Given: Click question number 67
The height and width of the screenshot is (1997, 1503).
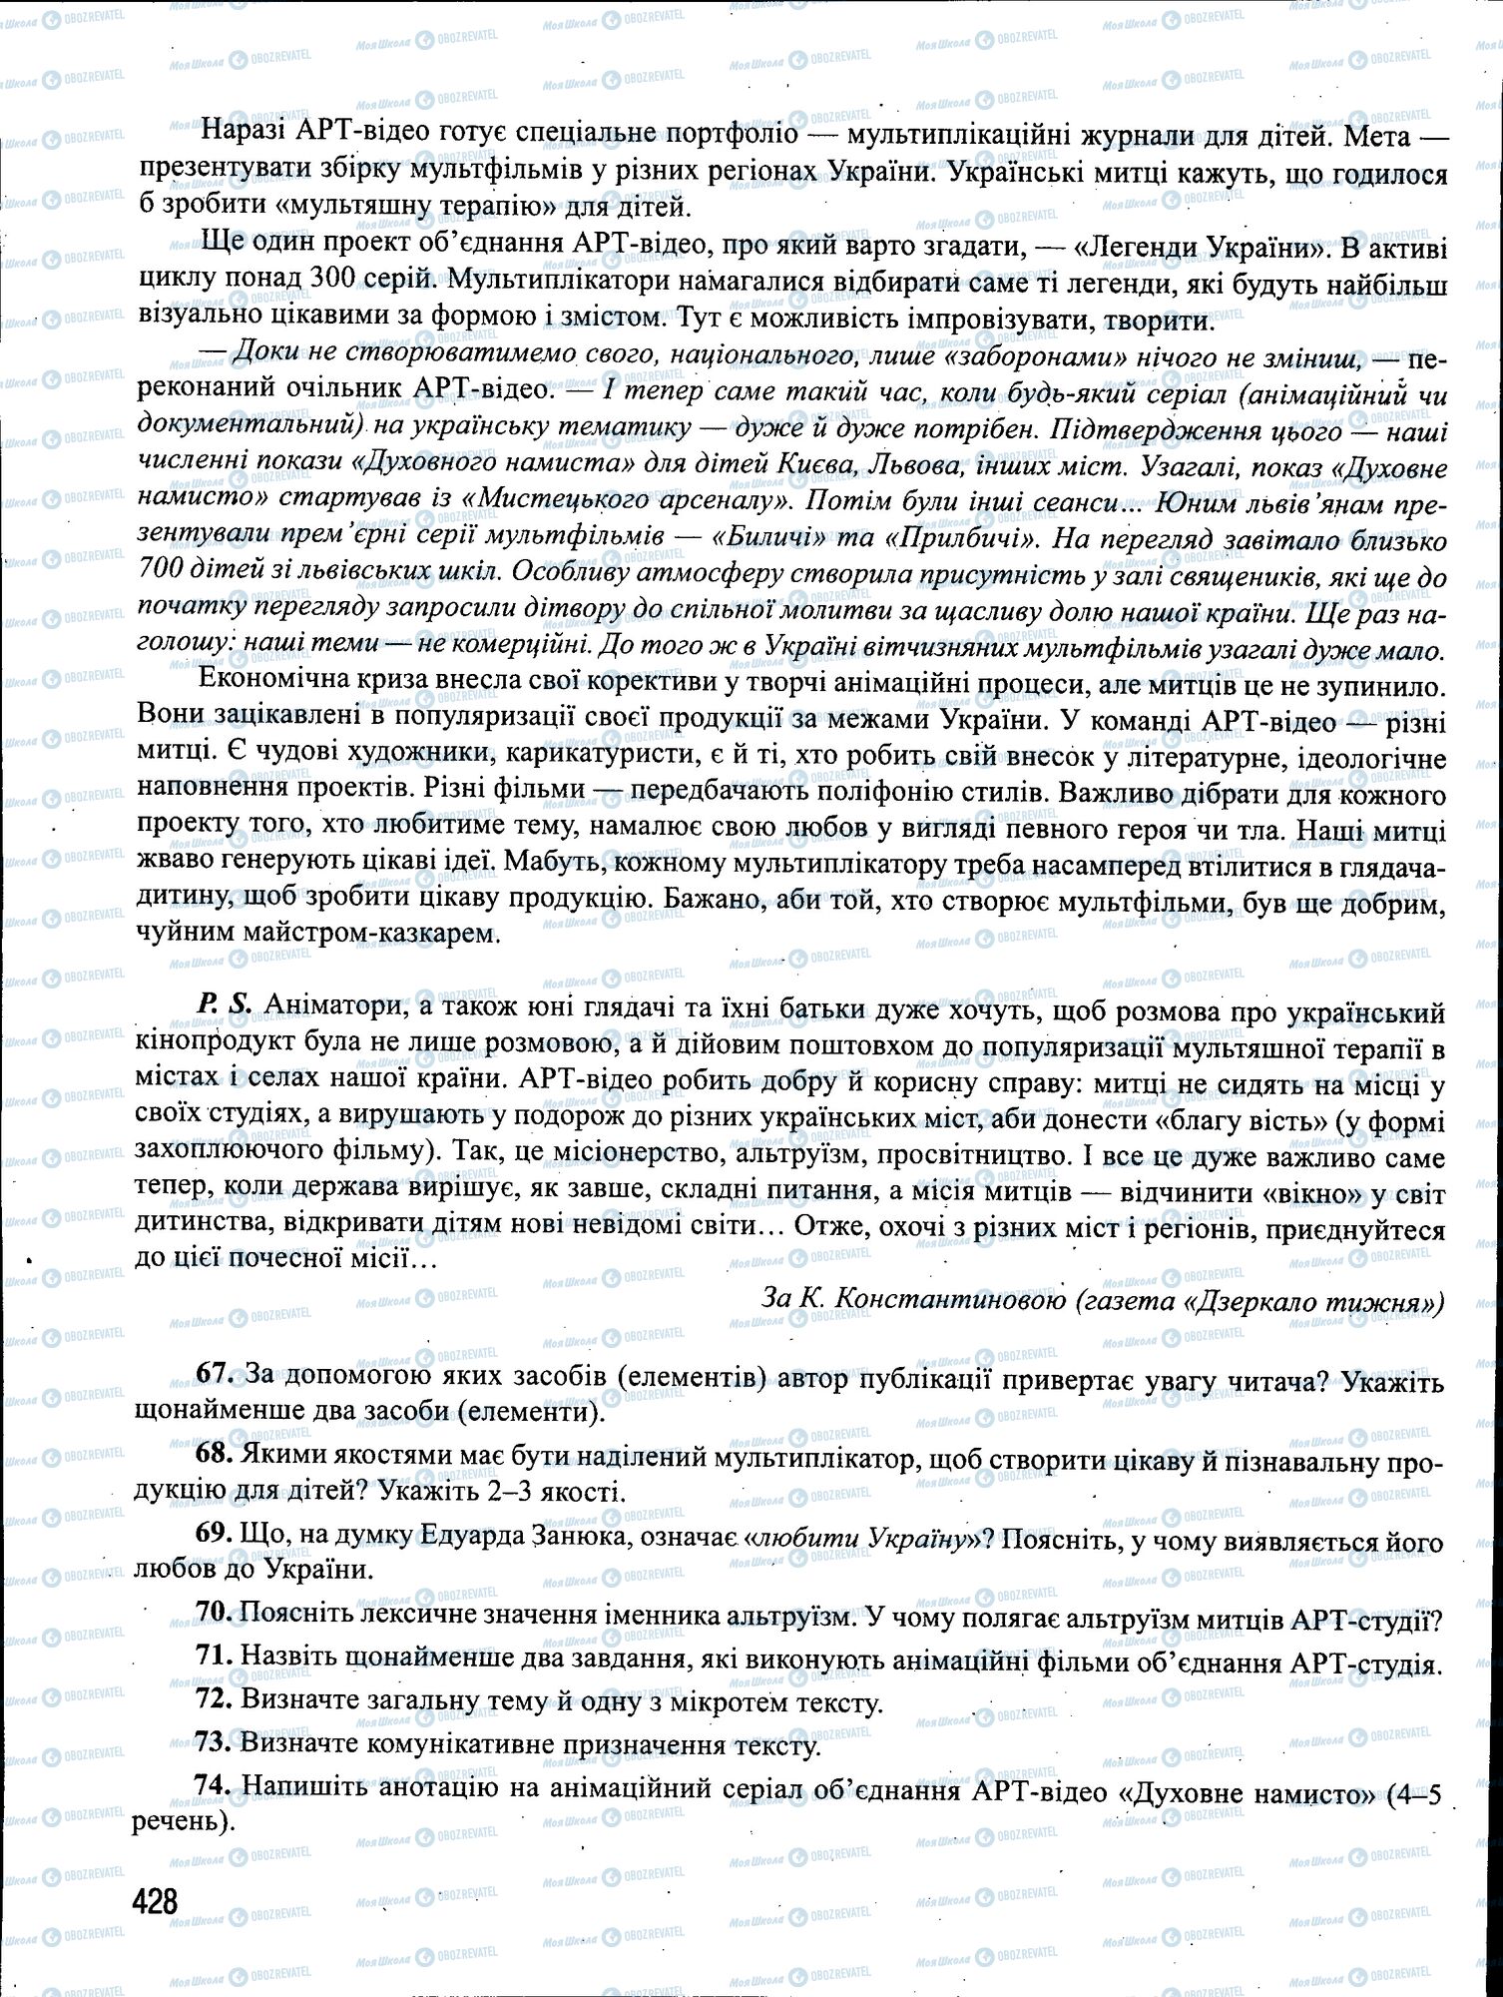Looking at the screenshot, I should coord(215,1379).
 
